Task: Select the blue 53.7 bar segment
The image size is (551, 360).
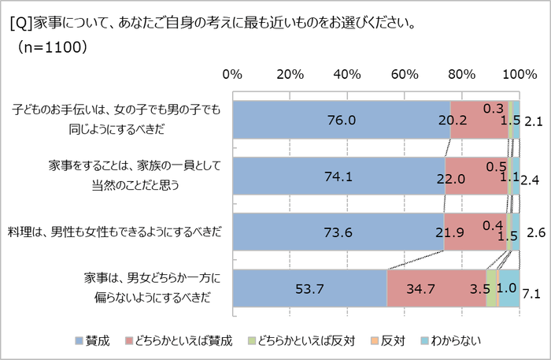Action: pos(309,288)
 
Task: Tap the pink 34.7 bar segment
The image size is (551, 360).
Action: pos(436,288)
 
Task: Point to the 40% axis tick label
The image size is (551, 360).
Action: pos(347,75)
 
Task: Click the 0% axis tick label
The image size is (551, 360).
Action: pos(232,75)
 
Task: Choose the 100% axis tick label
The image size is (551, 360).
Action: pos(519,75)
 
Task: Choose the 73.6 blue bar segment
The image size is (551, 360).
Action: pos(338,232)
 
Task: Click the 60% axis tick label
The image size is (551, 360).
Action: pos(405,75)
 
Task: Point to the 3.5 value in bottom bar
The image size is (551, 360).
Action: pos(479,288)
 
